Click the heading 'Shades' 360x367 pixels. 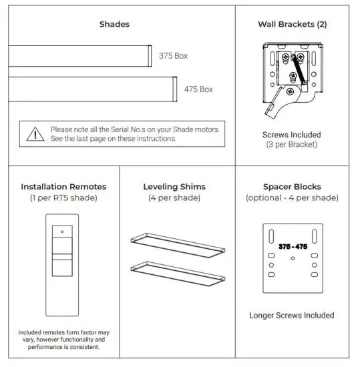[x=114, y=24]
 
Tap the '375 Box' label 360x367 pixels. [x=173, y=56]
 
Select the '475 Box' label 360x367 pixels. [x=199, y=89]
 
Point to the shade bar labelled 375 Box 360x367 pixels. [x=80, y=55]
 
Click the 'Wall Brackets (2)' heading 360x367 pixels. [x=291, y=24]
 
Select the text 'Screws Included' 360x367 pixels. [x=291, y=135]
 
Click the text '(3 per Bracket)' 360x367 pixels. [x=291, y=145]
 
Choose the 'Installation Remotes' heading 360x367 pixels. [x=63, y=187]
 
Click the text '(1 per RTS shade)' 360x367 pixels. [x=63, y=198]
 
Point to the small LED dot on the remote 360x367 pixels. [x=62, y=232]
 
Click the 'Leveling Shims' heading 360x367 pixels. [x=174, y=187]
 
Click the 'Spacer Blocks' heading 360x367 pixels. [x=292, y=187]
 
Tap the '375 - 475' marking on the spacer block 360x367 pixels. [x=292, y=247]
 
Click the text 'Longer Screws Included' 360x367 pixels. [x=292, y=315]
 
